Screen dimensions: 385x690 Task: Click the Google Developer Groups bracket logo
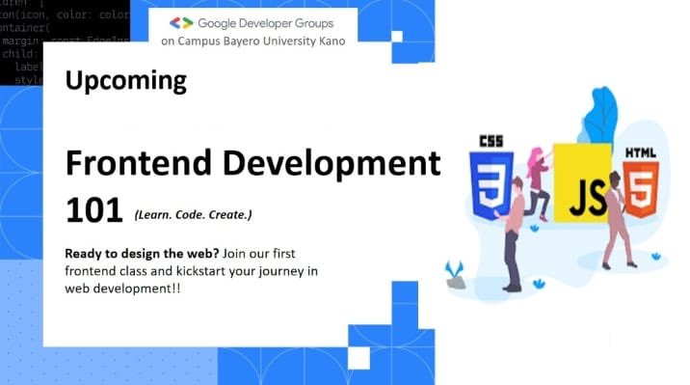tap(181, 22)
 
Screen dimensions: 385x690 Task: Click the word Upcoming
tap(126, 81)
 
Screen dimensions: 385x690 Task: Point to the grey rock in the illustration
tap(456, 281)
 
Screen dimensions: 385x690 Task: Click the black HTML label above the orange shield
tap(641, 152)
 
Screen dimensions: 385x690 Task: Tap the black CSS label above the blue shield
tap(491, 142)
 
